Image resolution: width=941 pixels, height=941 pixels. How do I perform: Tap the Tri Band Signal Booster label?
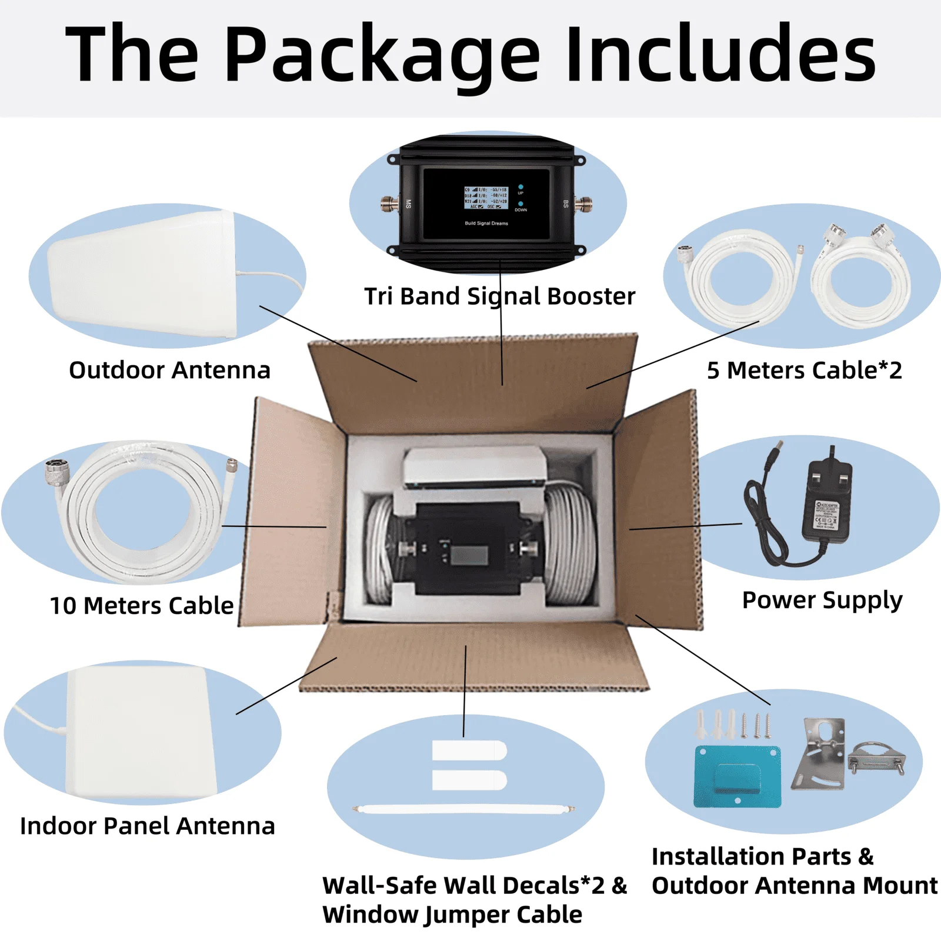point(499,296)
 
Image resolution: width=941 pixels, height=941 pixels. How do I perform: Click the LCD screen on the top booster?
point(486,198)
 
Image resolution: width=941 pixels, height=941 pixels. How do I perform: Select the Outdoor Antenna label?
point(169,371)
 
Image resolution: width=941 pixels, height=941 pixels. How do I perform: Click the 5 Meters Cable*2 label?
point(804,371)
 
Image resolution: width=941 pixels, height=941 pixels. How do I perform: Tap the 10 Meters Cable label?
point(142,606)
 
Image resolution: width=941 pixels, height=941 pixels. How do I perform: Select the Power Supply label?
point(822,600)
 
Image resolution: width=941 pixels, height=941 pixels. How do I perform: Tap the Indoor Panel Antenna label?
point(147,826)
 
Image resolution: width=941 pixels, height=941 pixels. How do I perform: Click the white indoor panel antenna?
point(141,732)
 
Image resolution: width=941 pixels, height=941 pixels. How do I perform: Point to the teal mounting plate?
point(738,776)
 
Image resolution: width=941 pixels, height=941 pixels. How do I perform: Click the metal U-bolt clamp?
point(876,759)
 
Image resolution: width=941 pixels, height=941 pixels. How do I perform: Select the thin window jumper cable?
point(463,810)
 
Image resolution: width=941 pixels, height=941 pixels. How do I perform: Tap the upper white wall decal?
point(469,751)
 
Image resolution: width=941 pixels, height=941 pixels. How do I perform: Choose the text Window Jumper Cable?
point(452,915)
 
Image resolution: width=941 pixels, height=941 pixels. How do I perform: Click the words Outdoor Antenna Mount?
point(795,886)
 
